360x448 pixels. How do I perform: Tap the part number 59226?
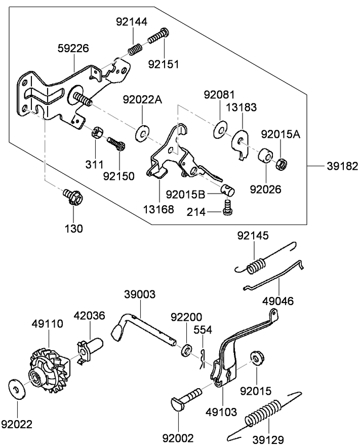pyautogui.click(x=73, y=49)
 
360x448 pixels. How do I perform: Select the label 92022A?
pyautogui.click(x=142, y=100)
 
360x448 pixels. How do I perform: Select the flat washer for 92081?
pyautogui.click(x=220, y=129)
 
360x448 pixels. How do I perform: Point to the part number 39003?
pyautogui.click(x=140, y=294)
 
